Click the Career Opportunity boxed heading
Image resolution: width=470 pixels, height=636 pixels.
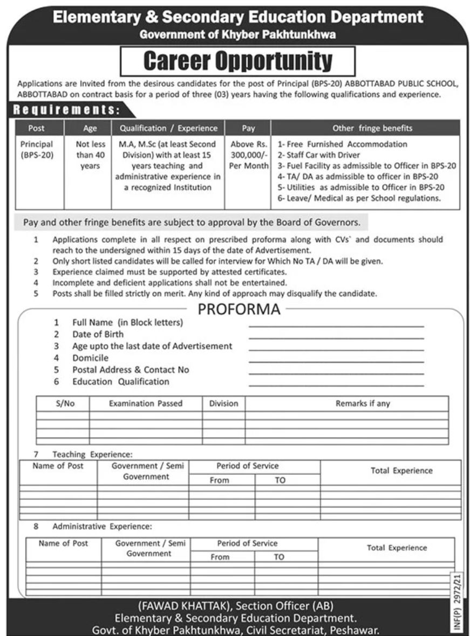point(237,61)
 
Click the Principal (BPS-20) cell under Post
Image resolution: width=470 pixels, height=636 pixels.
point(37,149)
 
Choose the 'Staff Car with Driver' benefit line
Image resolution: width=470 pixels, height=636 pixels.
point(318,155)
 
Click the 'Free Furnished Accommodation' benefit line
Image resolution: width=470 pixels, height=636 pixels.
point(342,144)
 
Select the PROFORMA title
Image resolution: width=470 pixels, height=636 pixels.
point(239,310)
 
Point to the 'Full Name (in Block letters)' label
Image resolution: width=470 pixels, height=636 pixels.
point(127,322)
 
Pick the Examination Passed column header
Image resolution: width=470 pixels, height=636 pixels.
point(146,403)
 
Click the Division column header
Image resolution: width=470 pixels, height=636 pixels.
point(224,403)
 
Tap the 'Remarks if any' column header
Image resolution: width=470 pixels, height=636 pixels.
point(363,403)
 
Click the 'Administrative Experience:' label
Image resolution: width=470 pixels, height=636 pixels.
point(103,527)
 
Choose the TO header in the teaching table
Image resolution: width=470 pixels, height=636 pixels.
point(280,480)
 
